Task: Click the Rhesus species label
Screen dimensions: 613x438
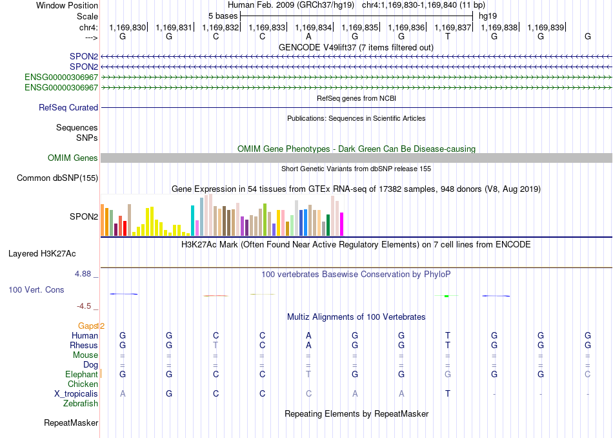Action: click(x=84, y=345)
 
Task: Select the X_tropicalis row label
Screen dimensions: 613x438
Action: click(x=76, y=394)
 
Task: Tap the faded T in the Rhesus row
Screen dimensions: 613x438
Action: click(x=216, y=345)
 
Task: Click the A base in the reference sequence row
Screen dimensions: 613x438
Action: click(x=308, y=36)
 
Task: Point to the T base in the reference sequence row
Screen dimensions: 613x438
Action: click(x=448, y=36)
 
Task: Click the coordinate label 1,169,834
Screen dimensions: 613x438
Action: click(x=313, y=27)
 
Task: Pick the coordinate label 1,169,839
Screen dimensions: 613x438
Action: click(x=545, y=27)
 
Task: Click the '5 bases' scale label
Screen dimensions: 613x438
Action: click(x=223, y=16)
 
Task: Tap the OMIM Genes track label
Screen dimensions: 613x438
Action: click(x=73, y=158)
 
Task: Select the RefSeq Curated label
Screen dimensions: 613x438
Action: click(x=68, y=107)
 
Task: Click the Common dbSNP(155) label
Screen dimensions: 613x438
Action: click(x=57, y=178)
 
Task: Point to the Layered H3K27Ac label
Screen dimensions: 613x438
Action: click(x=42, y=254)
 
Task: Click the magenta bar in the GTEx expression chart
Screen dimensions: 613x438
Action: click(x=342, y=224)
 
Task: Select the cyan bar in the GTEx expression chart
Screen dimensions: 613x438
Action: click(x=192, y=221)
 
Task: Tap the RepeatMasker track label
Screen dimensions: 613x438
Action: click(x=71, y=422)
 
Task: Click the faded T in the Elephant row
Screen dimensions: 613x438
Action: click(x=308, y=374)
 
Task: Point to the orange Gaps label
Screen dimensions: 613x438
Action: click(x=88, y=326)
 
